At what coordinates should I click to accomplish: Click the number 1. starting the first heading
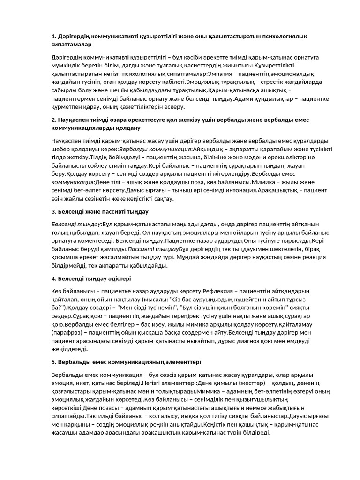54,36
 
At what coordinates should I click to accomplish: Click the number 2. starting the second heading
54,120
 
